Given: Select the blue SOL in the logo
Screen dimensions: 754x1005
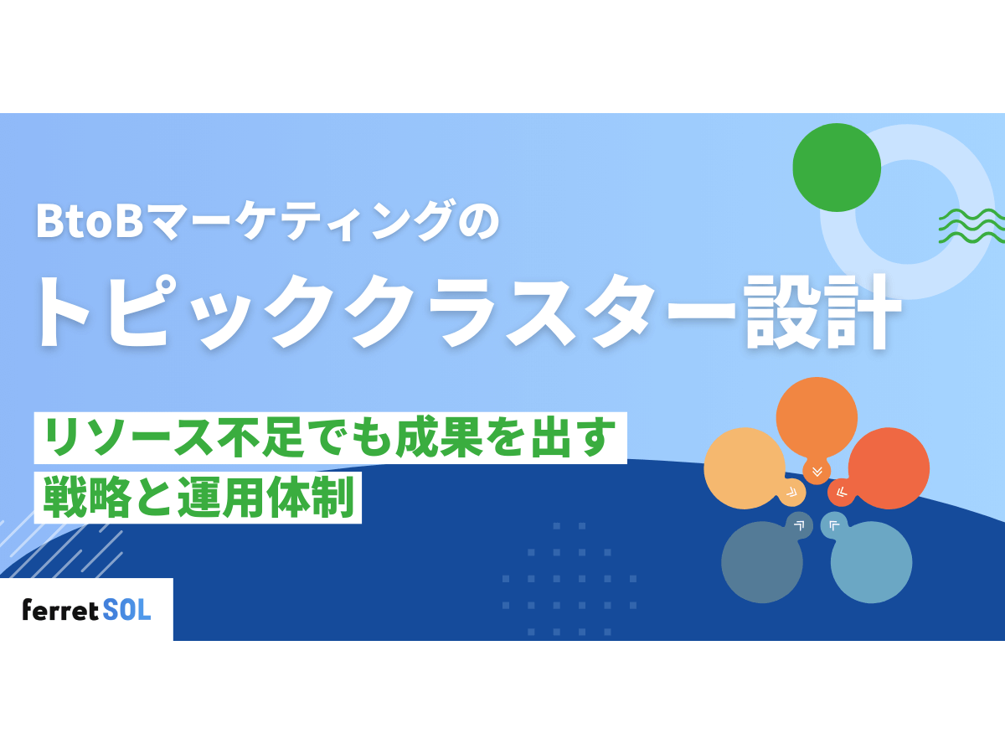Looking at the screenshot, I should [x=127, y=610].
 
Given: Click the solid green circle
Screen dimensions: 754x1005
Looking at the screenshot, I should [x=836, y=168].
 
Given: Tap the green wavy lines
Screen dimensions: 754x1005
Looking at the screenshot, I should [x=971, y=225].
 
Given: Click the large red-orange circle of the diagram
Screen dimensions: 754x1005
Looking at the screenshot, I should [x=889, y=467].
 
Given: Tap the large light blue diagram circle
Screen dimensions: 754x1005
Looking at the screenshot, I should [x=872, y=562].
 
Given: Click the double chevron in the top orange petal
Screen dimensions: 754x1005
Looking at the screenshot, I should [x=817, y=471].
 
